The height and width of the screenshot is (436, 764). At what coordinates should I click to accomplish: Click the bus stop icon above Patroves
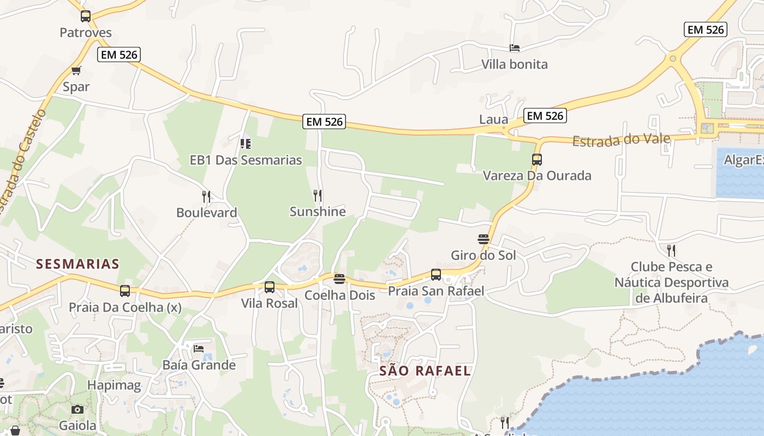[86, 16]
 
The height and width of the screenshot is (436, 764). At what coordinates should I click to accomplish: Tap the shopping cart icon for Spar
[76, 71]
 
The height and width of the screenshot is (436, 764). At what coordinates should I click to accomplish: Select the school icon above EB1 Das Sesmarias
[246, 144]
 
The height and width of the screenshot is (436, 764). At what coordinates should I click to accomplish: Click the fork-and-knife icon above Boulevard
[206, 196]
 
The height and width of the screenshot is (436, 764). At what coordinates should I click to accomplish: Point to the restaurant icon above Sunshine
[318, 195]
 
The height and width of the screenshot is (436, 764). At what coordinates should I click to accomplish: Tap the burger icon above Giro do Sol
[483, 239]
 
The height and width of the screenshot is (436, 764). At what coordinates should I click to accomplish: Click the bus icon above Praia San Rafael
[436, 275]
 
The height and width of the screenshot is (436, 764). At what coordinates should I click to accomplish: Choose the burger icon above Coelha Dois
[339, 280]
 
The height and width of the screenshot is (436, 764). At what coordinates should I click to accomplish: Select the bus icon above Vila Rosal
[270, 287]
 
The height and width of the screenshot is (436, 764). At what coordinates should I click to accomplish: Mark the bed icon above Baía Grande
[199, 348]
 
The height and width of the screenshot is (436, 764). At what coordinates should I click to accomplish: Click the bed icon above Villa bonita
[515, 48]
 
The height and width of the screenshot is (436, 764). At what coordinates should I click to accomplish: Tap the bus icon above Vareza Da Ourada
[537, 160]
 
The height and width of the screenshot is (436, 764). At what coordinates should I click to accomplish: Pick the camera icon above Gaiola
[77, 409]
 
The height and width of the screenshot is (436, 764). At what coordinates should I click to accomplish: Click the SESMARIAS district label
[77, 264]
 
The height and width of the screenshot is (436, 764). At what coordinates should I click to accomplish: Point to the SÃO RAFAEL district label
[425, 371]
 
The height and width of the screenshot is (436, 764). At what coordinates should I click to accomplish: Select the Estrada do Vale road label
[621, 140]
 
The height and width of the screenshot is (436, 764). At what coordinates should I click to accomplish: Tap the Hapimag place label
[114, 386]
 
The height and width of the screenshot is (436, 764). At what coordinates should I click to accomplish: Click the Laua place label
[493, 119]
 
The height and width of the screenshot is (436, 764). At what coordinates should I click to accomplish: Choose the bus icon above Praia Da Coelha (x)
[125, 291]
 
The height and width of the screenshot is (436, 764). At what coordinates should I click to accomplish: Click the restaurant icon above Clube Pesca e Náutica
[671, 251]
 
